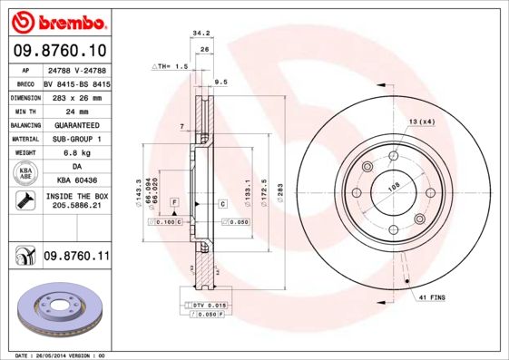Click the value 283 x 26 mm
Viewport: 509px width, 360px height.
[76, 96]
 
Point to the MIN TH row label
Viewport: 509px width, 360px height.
[24, 111]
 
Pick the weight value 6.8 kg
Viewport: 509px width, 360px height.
[76, 153]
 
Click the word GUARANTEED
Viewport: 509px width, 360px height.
[76, 124]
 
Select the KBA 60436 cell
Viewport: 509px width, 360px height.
[76, 181]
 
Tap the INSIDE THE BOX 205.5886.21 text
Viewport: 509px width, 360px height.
[76, 201]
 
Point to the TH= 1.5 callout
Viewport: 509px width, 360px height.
[170, 66]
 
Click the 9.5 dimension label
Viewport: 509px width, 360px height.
[220, 82]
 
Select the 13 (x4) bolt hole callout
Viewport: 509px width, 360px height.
[421, 121]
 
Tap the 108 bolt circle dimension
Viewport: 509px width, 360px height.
[393, 188]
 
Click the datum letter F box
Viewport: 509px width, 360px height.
[174, 200]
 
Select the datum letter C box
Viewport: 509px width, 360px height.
[222, 204]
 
